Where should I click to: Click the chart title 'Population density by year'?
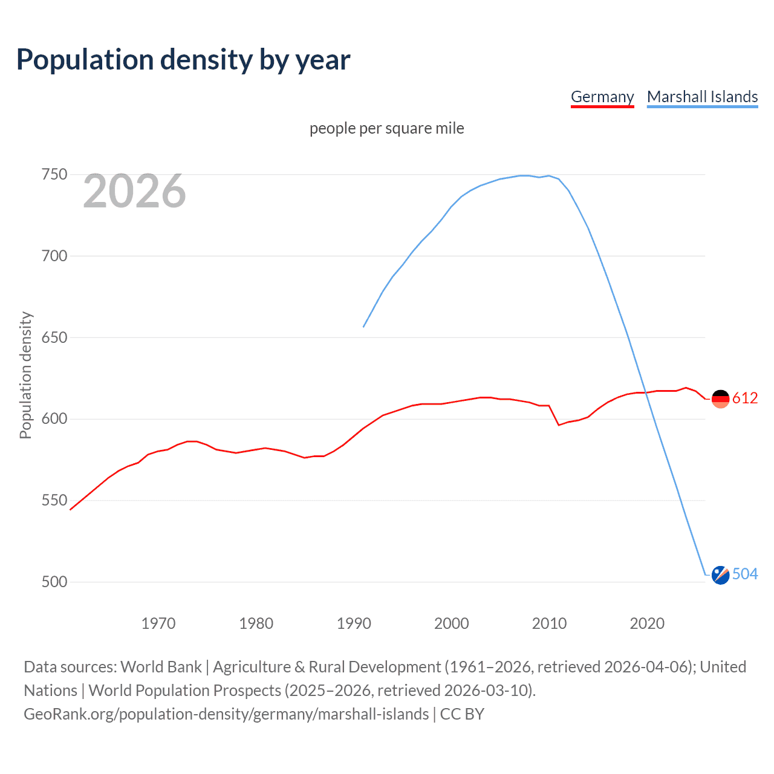[183, 60]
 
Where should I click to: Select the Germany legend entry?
[602, 97]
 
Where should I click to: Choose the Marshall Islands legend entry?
[702, 97]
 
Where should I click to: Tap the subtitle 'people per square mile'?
[386, 128]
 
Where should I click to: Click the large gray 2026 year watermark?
[134, 191]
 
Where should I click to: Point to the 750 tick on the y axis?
[54, 175]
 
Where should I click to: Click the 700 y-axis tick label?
[54, 256]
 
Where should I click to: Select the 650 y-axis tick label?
[54, 337]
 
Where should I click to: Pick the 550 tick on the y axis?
[54, 501]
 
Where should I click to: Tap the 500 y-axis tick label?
[54, 582]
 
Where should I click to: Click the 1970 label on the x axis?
[158, 623]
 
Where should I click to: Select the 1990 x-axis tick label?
[354, 623]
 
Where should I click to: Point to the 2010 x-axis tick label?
[549, 623]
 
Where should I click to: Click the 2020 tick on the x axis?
[647, 623]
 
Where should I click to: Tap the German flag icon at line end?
[720, 398]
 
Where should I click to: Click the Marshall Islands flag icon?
[720, 575]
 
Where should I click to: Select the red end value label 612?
[745, 398]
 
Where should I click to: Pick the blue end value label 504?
[745, 574]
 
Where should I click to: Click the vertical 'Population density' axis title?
[25, 375]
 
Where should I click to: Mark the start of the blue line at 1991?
[363, 327]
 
